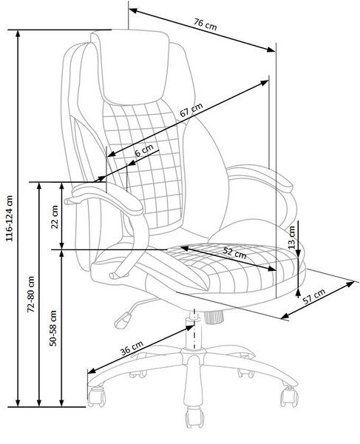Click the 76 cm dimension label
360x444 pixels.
tap(206, 24)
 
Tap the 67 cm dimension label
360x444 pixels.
tap(191, 110)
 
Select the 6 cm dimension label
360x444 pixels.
tap(144, 150)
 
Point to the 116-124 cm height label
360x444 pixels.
tap(10, 218)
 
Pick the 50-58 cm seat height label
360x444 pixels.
tap(53, 328)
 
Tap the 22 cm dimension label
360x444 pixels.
tap(54, 217)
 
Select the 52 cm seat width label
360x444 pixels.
tap(234, 253)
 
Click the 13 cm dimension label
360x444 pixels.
tap(291, 238)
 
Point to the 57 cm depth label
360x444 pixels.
tap(314, 296)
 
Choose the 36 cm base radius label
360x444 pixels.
tap(132, 348)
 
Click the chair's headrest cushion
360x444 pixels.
tap(131, 67)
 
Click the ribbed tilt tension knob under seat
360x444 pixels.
tap(213, 317)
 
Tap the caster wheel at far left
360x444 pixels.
tap(96, 396)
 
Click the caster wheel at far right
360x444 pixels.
tap(289, 397)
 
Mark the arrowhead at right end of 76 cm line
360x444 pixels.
tap(271, 50)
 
